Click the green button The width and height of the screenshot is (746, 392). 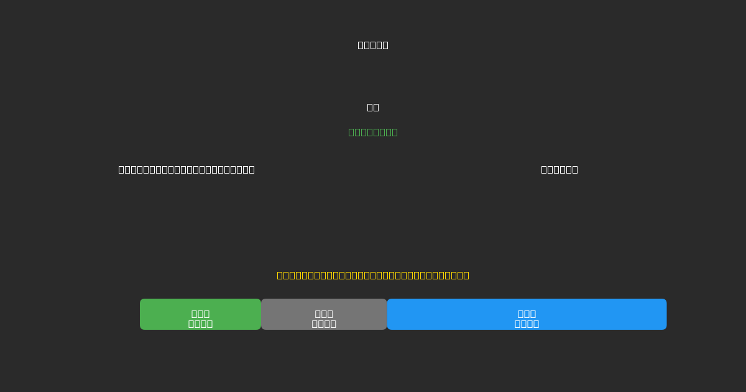pos(200,314)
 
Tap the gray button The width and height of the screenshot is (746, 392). pos(324,314)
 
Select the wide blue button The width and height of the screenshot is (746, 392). pos(527,314)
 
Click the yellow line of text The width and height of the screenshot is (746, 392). pos(373,275)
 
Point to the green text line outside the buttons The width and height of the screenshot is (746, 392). pos(373,132)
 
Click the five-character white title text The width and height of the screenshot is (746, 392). pos(373,45)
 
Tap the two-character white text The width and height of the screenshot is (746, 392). pos(373,107)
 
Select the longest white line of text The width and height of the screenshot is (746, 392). pos(186,169)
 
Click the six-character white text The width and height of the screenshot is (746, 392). pos(559,169)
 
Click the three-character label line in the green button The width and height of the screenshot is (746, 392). pos(200,314)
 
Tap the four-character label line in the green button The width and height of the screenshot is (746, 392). pos(200,324)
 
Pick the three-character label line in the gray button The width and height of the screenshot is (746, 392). pos(324,314)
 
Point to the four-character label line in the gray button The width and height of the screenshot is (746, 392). pos(324,324)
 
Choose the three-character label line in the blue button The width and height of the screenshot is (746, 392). pos(527,314)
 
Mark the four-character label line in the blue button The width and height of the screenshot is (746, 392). pos(527,324)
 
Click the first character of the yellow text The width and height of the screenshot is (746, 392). pos(280,275)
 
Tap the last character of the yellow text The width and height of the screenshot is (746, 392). pos(466,275)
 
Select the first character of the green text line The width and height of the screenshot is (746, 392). pos(352,132)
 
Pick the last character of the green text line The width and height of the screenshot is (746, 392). pos(394,132)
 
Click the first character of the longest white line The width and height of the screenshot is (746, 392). pos(122,169)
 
